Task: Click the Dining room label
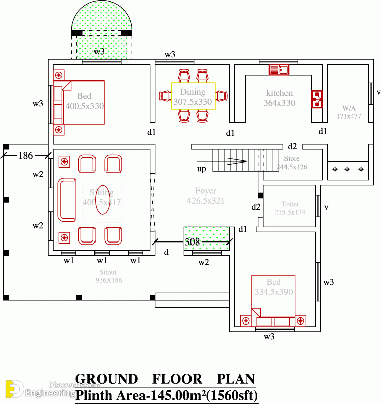point(193,92)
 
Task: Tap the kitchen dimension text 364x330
point(279,103)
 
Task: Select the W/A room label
point(349,108)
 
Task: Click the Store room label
point(292,159)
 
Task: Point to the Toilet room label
point(290,204)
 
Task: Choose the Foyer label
point(206,191)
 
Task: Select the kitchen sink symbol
point(278,70)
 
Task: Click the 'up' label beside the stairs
point(201,169)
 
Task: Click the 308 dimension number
point(193,243)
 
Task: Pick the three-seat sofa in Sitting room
point(66,199)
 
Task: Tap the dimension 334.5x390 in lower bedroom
point(273,291)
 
